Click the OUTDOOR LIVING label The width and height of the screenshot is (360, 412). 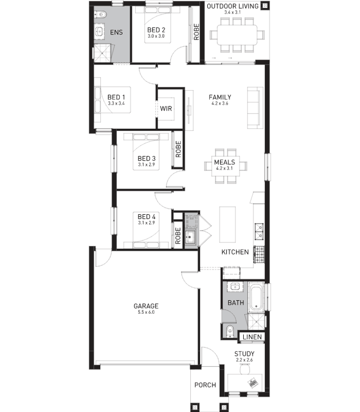pyautogui.click(x=232, y=6)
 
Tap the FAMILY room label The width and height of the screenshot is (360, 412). pyautogui.click(x=220, y=97)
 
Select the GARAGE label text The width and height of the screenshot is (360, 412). pyautogui.click(x=146, y=306)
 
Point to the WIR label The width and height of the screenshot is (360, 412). pyautogui.click(x=166, y=108)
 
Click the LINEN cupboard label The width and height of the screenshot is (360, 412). pyautogui.click(x=253, y=337)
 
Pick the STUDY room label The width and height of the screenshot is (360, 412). pyautogui.click(x=244, y=354)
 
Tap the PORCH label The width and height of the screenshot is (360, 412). pyautogui.click(x=205, y=385)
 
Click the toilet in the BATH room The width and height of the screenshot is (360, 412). pyautogui.click(x=229, y=330)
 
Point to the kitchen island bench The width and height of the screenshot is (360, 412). pyautogui.click(x=228, y=224)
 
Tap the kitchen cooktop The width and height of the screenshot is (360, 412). pyautogui.click(x=259, y=254)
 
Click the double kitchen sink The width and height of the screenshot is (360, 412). pyautogui.click(x=259, y=231)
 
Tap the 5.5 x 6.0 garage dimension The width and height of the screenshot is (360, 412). pyautogui.click(x=146, y=313)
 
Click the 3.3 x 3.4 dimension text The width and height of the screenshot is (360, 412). pyautogui.click(x=116, y=104)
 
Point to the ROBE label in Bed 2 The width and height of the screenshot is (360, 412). pyautogui.click(x=196, y=33)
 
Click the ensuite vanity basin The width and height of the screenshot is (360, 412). pyautogui.click(x=100, y=32)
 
